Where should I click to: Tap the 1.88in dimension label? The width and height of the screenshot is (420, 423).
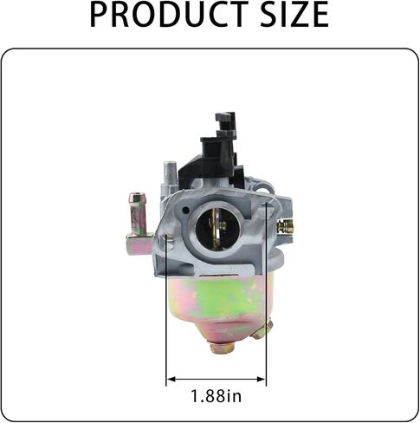pos(216,397)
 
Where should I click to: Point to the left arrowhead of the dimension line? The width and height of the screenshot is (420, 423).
pos(170,379)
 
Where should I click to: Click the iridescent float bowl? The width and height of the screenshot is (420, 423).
pos(216,303)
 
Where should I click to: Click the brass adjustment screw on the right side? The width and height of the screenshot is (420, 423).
pos(285,226)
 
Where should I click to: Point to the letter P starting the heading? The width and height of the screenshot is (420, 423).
pos(100,16)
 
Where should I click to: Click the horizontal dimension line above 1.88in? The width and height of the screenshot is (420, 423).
pos(216,379)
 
